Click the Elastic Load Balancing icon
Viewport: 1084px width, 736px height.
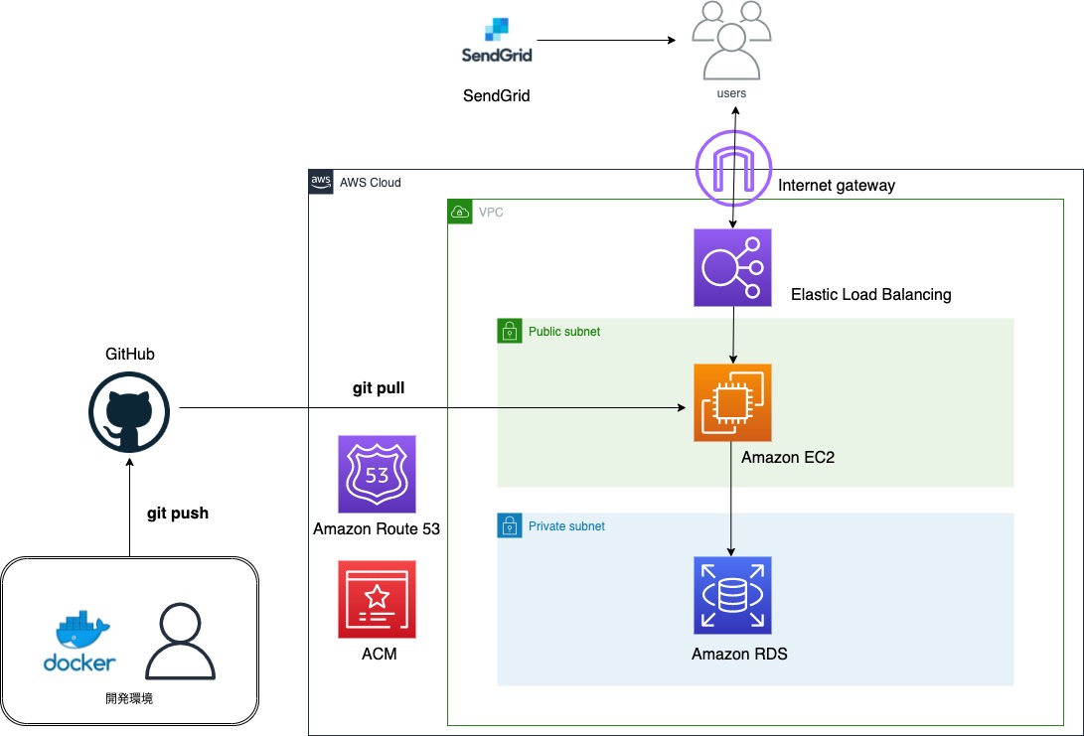click(x=732, y=267)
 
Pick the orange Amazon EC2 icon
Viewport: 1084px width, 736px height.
click(x=732, y=402)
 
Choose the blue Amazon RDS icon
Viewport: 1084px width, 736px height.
click(x=732, y=595)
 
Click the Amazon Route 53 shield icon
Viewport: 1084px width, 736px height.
click(x=377, y=474)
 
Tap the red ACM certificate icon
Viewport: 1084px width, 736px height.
click(x=377, y=599)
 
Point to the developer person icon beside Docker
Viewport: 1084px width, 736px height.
click(x=181, y=642)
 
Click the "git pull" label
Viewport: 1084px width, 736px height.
click(x=379, y=388)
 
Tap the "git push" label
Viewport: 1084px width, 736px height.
click(x=178, y=514)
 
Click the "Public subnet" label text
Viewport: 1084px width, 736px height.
click(x=563, y=332)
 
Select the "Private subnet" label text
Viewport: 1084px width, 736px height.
click(x=566, y=526)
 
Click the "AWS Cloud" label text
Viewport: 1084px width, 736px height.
click(x=370, y=183)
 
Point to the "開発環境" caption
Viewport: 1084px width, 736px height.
click(x=129, y=699)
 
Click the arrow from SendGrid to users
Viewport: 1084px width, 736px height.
click(x=606, y=41)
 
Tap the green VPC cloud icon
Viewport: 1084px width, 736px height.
click(x=459, y=212)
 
